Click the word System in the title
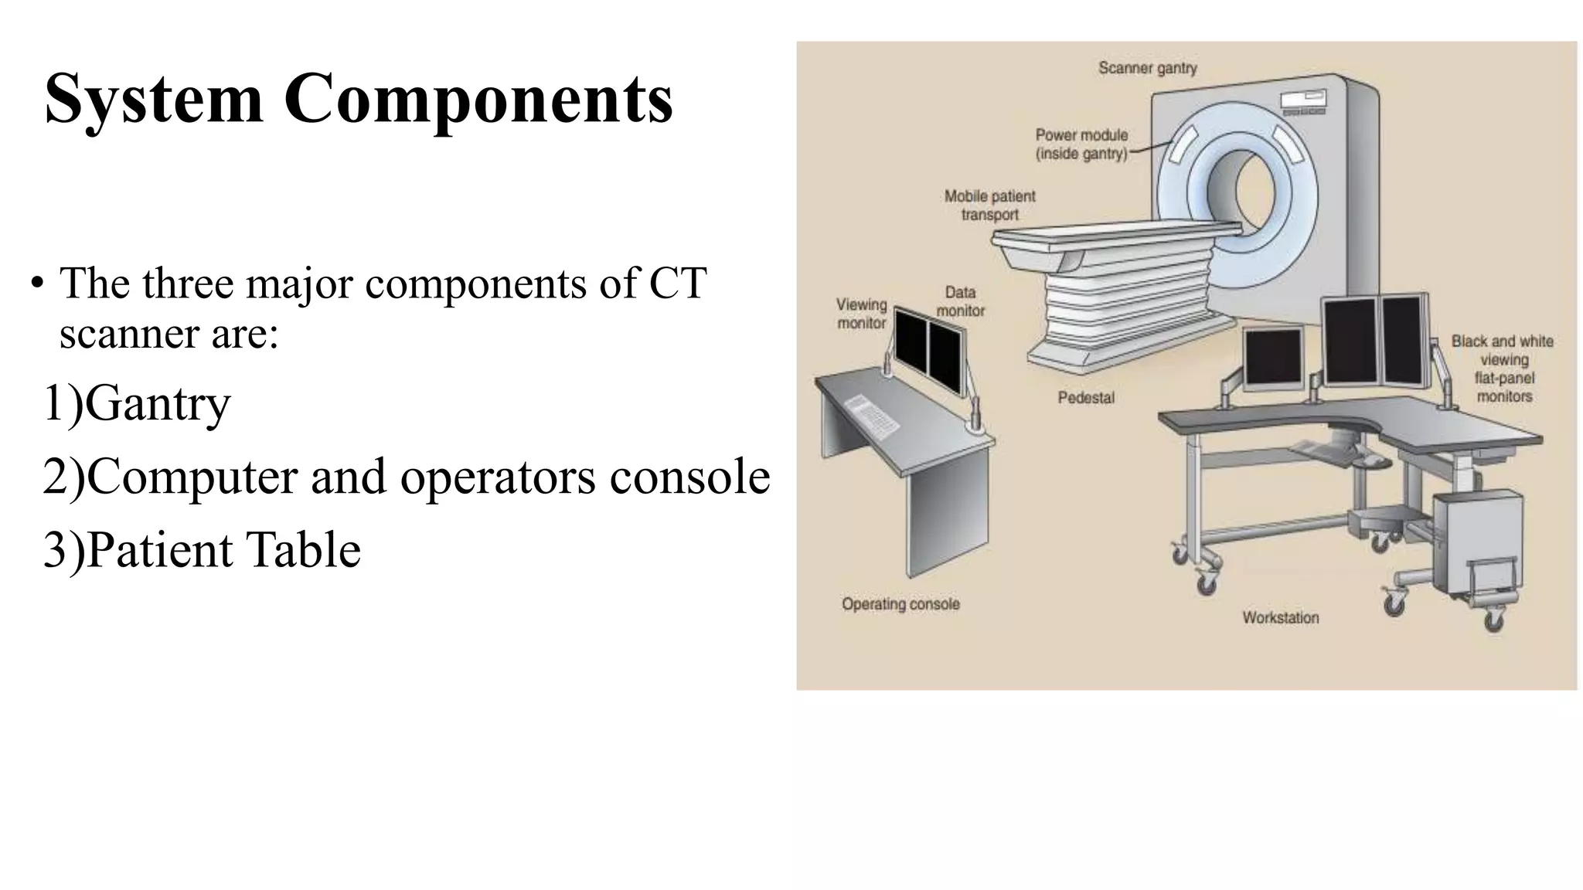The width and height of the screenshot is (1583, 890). click(x=153, y=99)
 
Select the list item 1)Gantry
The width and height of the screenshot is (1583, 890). click(x=137, y=403)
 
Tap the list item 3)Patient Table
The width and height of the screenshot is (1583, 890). click(x=202, y=550)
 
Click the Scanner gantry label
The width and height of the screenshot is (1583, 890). click(x=1147, y=68)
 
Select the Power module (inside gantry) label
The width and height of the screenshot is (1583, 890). click(x=1081, y=144)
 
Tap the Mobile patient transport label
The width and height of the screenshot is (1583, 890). click(x=989, y=206)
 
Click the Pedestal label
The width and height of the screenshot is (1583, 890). click(x=1085, y=398)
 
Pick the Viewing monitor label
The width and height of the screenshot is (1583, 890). click(x=861, y=314)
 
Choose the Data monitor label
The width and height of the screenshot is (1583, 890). click(x=960, y=301)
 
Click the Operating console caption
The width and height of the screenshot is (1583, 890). click(x=900, y=604)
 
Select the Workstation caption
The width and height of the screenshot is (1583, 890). click(x=1280, y=617)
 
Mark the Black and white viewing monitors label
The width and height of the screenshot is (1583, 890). click(x=1503, y=369)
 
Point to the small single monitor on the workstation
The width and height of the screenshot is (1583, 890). click(x=1272, y=357)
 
